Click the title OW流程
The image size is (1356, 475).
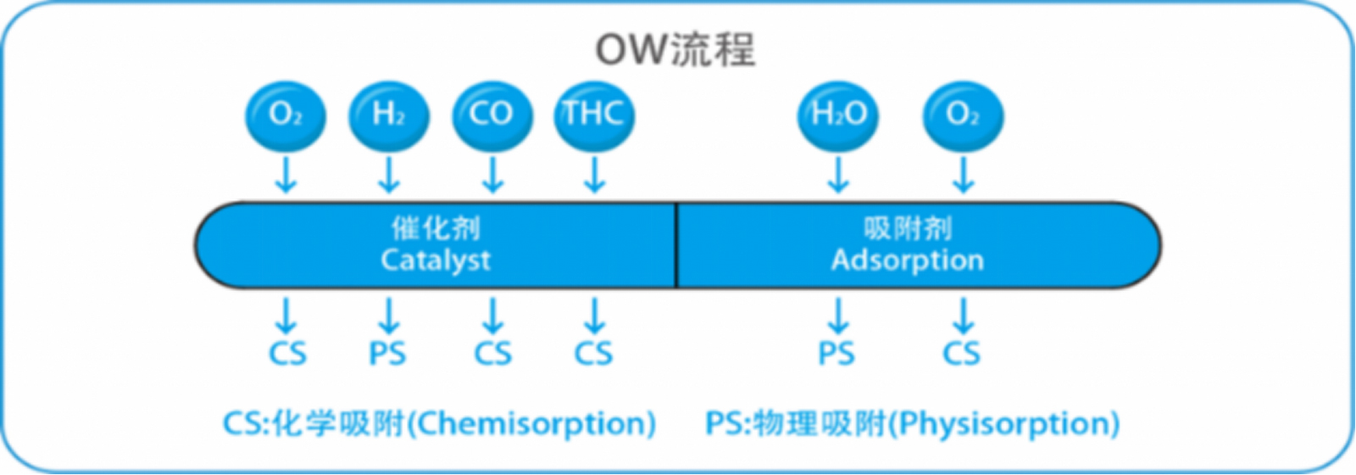coord(675,49)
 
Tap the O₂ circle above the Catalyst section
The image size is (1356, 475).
coord(286,115)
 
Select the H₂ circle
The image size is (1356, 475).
coord(389,115)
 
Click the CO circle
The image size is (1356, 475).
coord(492,115)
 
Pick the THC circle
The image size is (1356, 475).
coord(594,115)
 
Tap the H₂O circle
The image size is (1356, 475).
coord(838,115)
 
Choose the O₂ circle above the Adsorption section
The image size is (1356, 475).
coord(963,115)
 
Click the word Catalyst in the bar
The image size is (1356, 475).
coord(436,260)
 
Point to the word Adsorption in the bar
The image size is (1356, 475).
coord(908,260)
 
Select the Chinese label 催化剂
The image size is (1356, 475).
coord(436,228)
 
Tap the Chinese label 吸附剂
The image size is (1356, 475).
coord(908,228)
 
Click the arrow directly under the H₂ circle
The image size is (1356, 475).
coord(389,175)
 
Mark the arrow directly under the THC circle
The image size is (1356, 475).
coord(594,175)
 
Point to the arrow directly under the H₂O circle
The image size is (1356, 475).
coord(838,175)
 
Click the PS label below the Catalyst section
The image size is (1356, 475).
coord(387,353)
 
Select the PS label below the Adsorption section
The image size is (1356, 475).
coord(836,353)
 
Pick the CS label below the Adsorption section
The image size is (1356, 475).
coord(962,353)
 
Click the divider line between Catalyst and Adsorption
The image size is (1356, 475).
coord(676,246)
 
